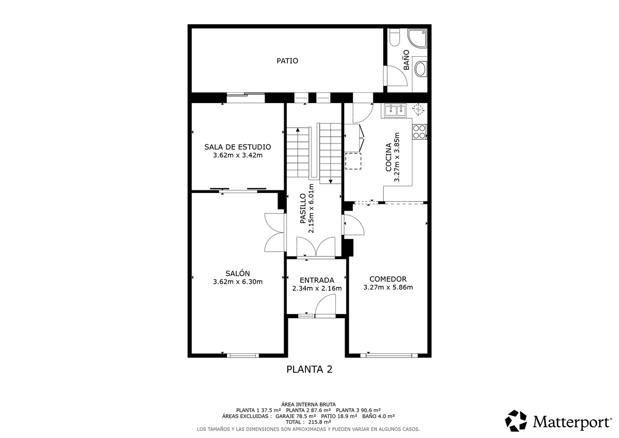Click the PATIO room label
pyautogui.click(x=287, y=61)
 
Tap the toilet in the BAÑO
pyautogui.click(x=394, y=37)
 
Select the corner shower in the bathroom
pyautogui.click(x=417, y=39)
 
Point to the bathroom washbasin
pyautogui.click(x=420, y=69)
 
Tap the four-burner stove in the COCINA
pyautogui.click(x=419, y=132)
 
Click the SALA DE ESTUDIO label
pyautogui.click(x=238, y=147)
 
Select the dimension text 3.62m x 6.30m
pyautogui.click(x=238, y=282)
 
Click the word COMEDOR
pyautogui.click(x=388, y=279)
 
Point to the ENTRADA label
pyautogui.click(x=317, y=280)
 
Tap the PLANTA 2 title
pyautogui.click(x=309, y=369)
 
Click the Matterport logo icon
pyautogui.click(x=516, y=421)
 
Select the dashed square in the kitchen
pyautogui.click(x=353, y=161)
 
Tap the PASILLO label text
pyautogui.click(x=303, y=208)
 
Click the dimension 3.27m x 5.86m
pyautogui.click(x=388, y=287)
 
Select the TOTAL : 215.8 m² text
pyautogui.click(x=308, y=422)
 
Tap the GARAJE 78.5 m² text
pyautogui.click(x=296, y=416)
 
